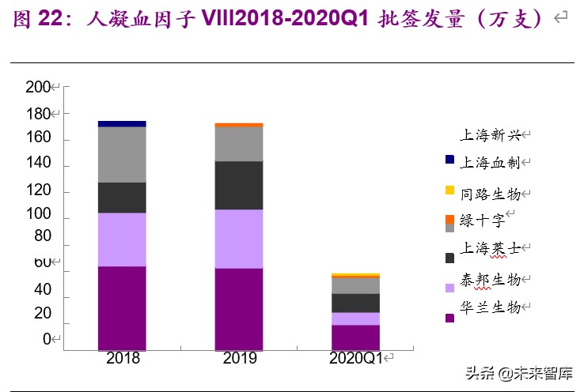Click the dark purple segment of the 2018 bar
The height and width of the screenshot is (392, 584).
(x=122, y=307)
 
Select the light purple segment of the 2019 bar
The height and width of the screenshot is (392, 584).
(x=239, y=239)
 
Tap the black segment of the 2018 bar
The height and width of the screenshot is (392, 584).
(x=122, y=197)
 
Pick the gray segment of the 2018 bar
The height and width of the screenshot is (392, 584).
(x=122, y=154)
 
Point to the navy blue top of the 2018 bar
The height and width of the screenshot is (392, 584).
(x=122, y=124)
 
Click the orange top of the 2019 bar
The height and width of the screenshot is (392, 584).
(x=239, y=125)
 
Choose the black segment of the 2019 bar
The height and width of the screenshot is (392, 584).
(x=239, y=185)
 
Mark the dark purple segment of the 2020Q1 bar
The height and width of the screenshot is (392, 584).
(x=355, y=337)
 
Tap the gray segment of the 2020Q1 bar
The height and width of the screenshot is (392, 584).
(x=355, y=285)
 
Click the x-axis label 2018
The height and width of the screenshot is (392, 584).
(x=122, y=359)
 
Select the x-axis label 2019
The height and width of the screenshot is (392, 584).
(x=239, y=359)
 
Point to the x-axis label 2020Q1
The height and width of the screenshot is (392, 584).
(x=355, y=359)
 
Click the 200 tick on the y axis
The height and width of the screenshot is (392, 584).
(x=37, y=87)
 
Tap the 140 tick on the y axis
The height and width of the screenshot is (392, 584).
(x=37, y=164)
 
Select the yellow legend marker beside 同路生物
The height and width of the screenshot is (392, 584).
(x=450, y=190)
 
